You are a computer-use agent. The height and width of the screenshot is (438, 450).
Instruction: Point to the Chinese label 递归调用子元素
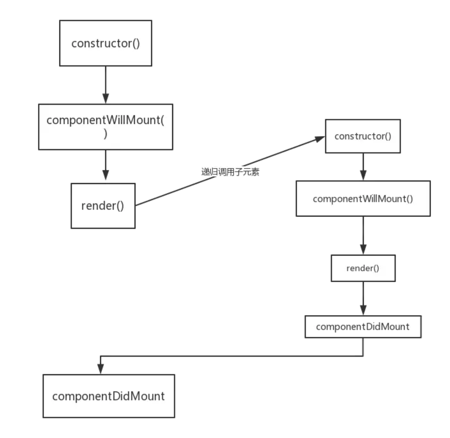click(x=230, y=172)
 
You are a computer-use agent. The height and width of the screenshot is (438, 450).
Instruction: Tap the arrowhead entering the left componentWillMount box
click(x=106, y=98)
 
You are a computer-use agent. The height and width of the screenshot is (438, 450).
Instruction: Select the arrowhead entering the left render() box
click(x=106, y=175)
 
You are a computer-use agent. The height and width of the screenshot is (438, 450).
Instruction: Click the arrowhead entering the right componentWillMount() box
click(x=363, y=175)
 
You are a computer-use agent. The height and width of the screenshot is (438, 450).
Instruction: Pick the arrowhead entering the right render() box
click(x=363, y=249)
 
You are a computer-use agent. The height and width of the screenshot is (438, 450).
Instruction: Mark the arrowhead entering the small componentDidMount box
click(x=363, y=310)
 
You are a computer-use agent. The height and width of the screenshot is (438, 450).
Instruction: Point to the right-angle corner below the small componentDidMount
click(x=363, y=356)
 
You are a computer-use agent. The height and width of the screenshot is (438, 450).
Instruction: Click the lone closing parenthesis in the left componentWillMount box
click(x=105, y=134)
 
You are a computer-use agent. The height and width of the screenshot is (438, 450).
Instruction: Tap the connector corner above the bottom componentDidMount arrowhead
click(x=100, y=356)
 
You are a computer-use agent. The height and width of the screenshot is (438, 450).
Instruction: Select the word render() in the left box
click(x=103, y=206)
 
